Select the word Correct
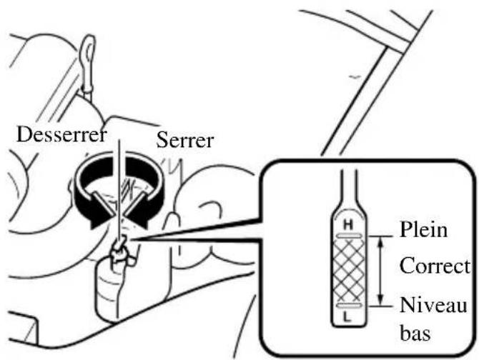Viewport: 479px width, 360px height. pyautogui.click(x=434, y=267)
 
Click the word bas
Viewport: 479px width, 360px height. pyautogui.click(x=418, y=334)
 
